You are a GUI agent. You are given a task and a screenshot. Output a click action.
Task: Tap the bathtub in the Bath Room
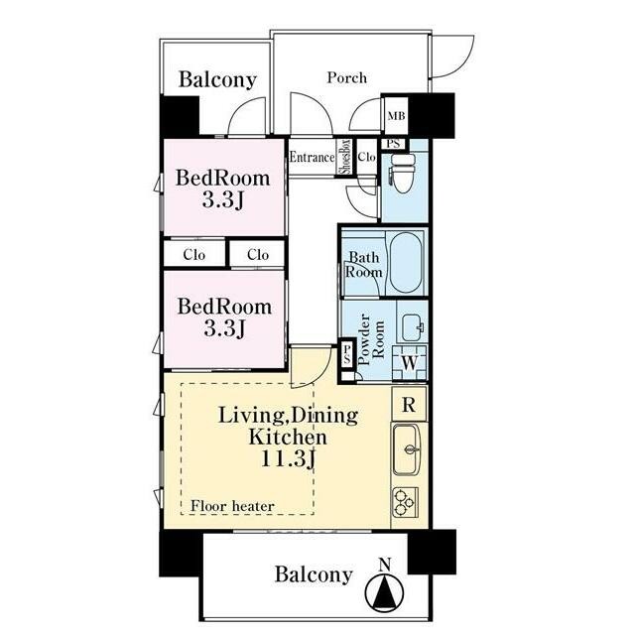pos(406,262)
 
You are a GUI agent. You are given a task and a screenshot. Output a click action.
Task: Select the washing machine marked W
pos(410,363)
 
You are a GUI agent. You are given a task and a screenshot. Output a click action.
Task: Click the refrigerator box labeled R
pos(409,404)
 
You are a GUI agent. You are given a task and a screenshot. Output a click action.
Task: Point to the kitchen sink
pos(407,449)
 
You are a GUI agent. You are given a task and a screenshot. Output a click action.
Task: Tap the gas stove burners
pos(405,502)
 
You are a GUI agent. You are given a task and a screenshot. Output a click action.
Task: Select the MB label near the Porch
pos(396,116)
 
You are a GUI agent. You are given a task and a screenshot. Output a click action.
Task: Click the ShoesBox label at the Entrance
pos(345,157)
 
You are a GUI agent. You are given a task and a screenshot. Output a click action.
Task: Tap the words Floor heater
pos(232,506)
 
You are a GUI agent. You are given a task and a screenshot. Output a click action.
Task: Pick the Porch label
pos(347,77)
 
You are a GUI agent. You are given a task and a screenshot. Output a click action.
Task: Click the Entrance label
pos(312,157)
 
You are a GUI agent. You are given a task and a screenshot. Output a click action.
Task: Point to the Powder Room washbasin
pos(413,327)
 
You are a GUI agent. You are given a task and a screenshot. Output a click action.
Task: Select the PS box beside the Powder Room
pos(347,354)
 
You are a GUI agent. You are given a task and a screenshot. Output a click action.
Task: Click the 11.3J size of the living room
pos(288,459)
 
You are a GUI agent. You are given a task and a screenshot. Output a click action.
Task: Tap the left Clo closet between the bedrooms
pos(194,254)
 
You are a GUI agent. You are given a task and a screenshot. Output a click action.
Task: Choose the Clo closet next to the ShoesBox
pos(367,157)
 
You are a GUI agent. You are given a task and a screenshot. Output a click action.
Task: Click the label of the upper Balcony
pos(218,79)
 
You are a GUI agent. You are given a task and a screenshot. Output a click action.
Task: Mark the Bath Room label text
pos(363,265)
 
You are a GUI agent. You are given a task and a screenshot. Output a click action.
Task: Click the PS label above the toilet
pos(393,144)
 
